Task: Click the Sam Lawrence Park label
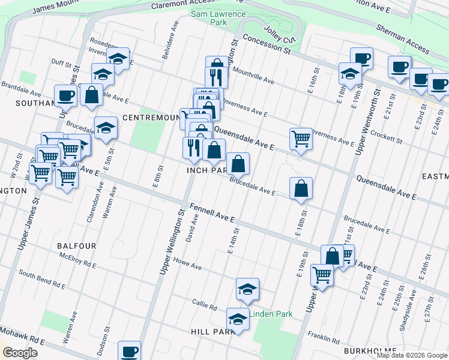[218, 18]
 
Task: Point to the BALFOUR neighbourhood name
[76, 246]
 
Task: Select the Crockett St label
[386, 136]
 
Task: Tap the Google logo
[20, 352]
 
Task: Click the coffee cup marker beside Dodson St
[129, 350]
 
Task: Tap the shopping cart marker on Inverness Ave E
[301, 138]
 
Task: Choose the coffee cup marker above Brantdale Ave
[66, 95]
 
